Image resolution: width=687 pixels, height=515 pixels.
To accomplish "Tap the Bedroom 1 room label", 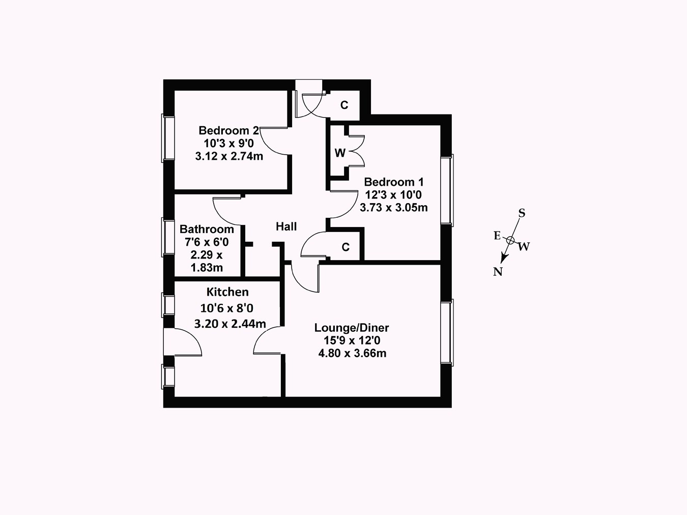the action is coord(394,182).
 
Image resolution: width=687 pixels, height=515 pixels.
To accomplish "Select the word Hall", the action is coord(286,226).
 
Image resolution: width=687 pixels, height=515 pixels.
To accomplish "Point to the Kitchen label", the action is coord(227,292).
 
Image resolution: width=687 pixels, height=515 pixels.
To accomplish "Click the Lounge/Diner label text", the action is coord(352,328).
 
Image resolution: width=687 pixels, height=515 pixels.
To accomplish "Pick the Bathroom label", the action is coord(207,229).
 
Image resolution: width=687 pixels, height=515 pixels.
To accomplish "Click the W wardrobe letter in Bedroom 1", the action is coord(340,153).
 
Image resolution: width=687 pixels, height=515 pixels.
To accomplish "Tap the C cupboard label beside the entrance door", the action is coord(345,105).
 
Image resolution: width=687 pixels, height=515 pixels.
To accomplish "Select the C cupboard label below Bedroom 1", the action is coord(346,247).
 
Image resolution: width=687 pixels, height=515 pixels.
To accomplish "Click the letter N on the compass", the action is coord(498,272).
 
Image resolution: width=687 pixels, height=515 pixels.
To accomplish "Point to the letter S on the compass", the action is coord(521,213).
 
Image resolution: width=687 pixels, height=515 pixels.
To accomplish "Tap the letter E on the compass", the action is coord(497,235).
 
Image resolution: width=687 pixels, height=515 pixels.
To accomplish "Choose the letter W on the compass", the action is coord(524,247).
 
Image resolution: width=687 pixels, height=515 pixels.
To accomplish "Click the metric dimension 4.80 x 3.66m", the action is coord(352,353).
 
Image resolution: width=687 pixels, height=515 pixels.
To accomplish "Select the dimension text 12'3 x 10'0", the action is coord(393,194).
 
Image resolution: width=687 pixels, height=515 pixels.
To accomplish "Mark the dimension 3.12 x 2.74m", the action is coord(229,156).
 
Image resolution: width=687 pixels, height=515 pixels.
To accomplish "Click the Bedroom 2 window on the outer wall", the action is coord(168,137).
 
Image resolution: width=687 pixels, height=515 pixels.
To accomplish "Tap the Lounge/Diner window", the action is coord(447,332).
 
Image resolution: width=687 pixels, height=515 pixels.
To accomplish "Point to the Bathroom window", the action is coord(168,237).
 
